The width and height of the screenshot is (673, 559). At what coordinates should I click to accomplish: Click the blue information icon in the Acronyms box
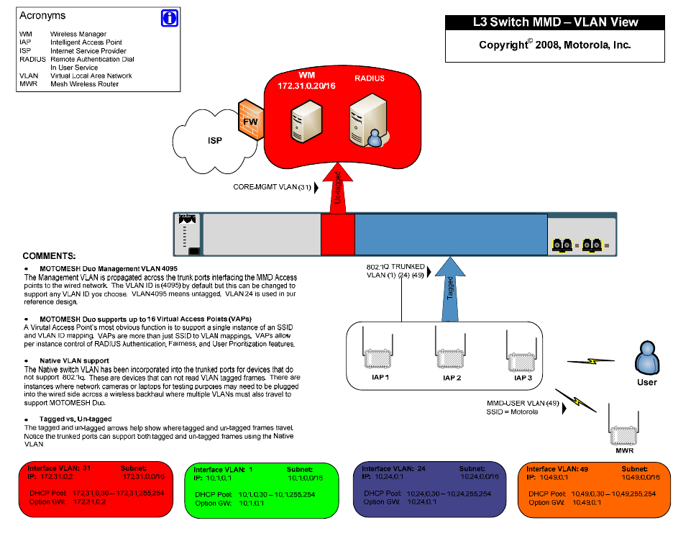[x=169, y=19]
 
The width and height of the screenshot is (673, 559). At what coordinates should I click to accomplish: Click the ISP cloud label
[x=214, y=141]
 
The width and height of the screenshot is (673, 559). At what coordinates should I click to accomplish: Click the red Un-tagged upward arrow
[x=337, y=188]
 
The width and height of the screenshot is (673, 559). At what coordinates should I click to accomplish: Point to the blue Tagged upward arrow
[x=449, y=295]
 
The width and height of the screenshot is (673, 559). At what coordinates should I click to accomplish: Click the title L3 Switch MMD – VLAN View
[x=556, y=22]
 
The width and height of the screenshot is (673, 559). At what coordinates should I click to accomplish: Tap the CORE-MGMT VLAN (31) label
[x=272, y=187]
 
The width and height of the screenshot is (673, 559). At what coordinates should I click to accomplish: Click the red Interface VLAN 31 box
[x=93, y=489]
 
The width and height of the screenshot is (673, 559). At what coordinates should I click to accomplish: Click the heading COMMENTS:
[x=49, y=256]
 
